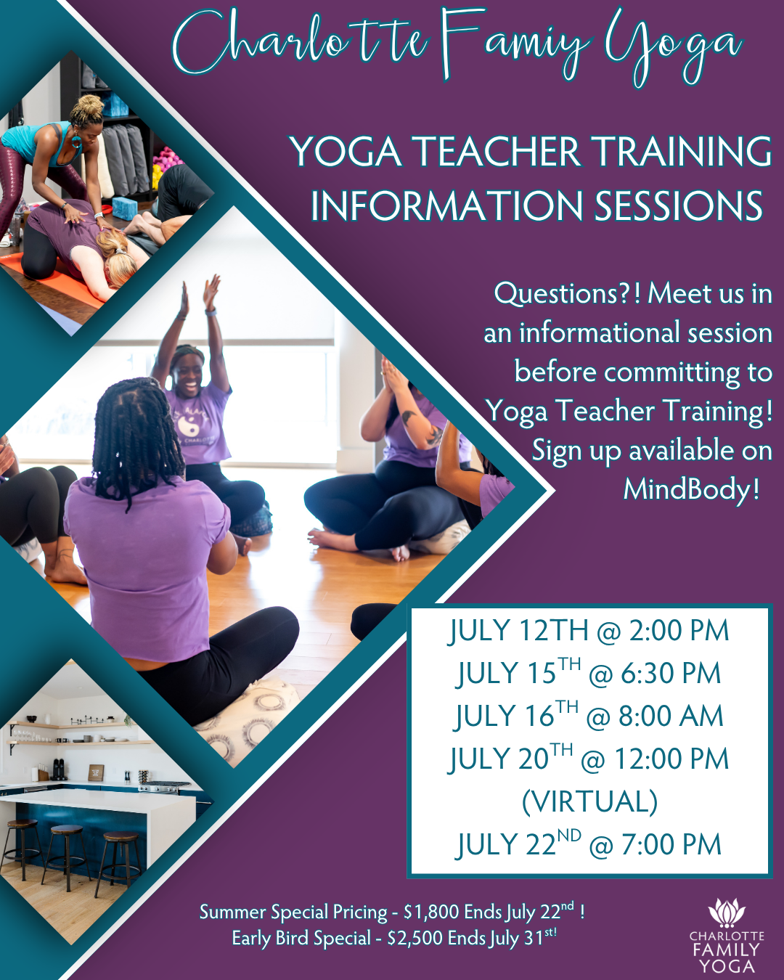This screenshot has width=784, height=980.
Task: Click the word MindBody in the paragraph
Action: pos(685,489)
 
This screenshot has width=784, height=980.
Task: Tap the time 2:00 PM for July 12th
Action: pos(679,630)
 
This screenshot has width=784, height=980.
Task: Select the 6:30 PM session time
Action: pos(671,673)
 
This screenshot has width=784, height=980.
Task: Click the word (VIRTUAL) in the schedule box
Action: pos(589,802)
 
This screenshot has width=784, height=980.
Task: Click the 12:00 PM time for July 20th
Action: pos(671,759)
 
